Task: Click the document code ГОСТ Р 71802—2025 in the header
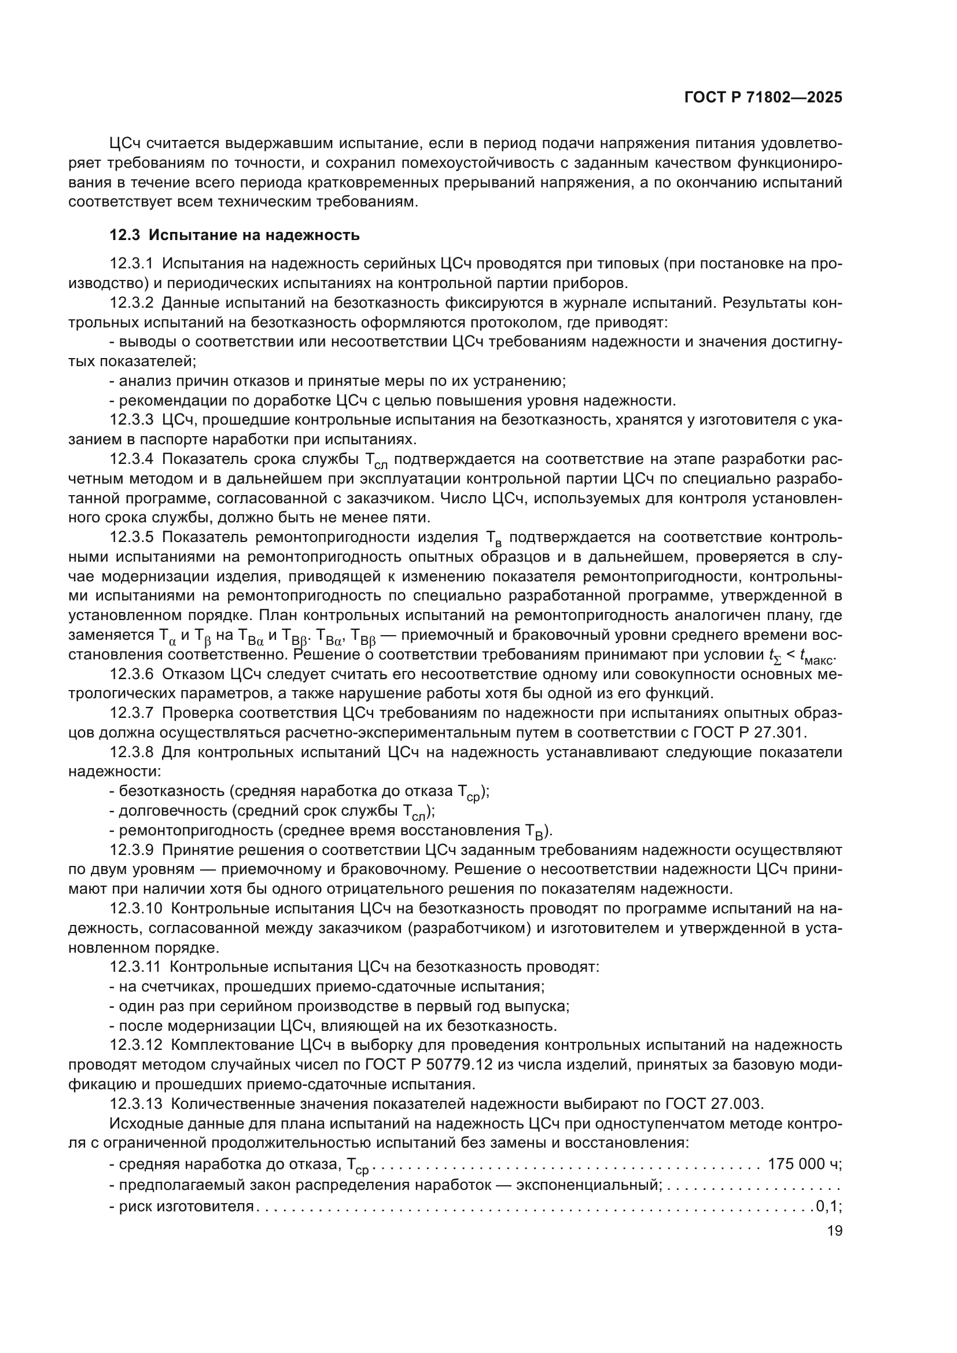[763, 98]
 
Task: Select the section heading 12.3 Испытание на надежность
[234, 235]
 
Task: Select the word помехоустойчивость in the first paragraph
[452, 163]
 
